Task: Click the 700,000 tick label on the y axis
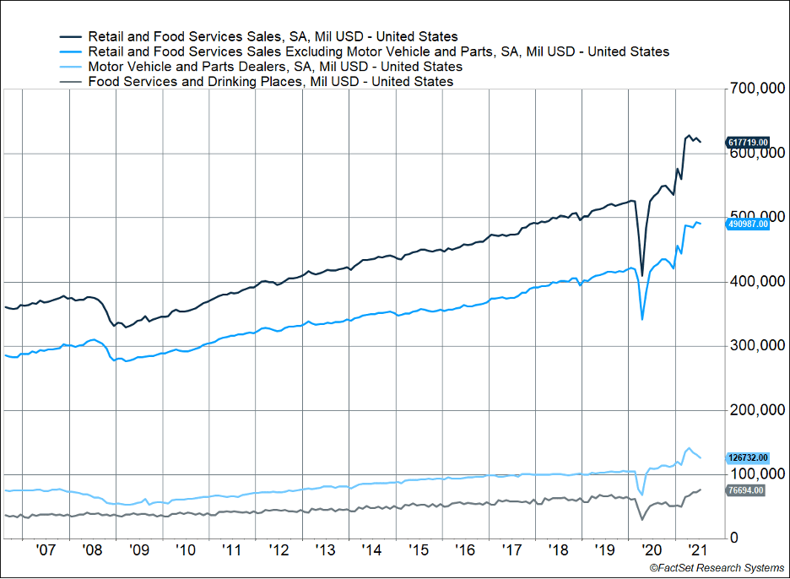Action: (757, 89)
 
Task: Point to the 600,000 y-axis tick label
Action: (757, 153)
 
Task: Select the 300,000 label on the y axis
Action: (757, 345)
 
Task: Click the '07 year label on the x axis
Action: (46, 549)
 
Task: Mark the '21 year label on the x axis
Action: (697, 549)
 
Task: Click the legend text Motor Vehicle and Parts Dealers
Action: (275, 67)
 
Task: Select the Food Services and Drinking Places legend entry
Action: (270, 82)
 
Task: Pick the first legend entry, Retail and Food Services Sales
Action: (273, 36)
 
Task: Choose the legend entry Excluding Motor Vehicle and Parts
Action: (378, 51)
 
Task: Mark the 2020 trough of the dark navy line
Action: (641, 275)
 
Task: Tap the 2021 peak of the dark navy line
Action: (689, 135)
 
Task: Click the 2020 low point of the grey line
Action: (641, 519)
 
